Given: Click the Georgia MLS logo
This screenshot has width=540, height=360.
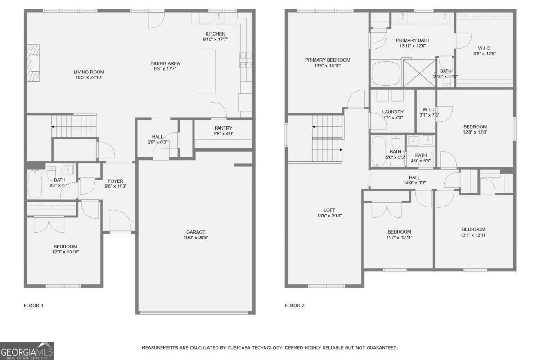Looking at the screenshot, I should pos(27,351).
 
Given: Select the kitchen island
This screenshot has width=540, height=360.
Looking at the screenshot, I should pos(204,71).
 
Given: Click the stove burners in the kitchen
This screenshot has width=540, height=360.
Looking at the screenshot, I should pos(246,60).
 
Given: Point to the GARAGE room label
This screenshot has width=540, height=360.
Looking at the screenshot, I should pos(196,232).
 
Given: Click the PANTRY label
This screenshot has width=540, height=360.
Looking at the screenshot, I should pos(223,128).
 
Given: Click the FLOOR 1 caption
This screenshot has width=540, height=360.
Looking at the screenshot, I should pos(34,306).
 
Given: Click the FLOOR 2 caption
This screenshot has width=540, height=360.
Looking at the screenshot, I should pos(295,306).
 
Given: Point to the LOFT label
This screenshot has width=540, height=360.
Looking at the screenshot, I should pos(329,210).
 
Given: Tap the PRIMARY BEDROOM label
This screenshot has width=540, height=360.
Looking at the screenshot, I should pos(328,60).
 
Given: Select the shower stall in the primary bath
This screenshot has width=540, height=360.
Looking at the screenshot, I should pos(419,73).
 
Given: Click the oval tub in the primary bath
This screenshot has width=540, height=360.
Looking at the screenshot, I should pos(386,73).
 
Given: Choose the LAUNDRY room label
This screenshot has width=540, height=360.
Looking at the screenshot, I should pos(393,112).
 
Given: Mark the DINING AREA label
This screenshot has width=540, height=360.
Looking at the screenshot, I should pos(165,63).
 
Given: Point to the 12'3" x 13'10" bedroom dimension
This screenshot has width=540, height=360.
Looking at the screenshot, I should pos(65,252).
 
